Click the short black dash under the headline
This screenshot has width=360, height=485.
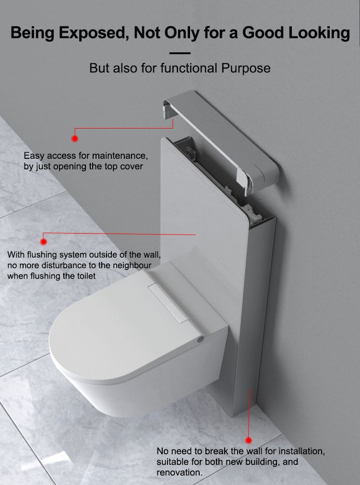pyautogui.click(x=180, y=53)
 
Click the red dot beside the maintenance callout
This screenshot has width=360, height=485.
pyautogui.click(x=74, y=139)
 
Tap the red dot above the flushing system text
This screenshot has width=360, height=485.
pyautogui.click(x=44, y=241)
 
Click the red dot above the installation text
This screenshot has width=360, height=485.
pyautogui.click(x=248, y=440)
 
